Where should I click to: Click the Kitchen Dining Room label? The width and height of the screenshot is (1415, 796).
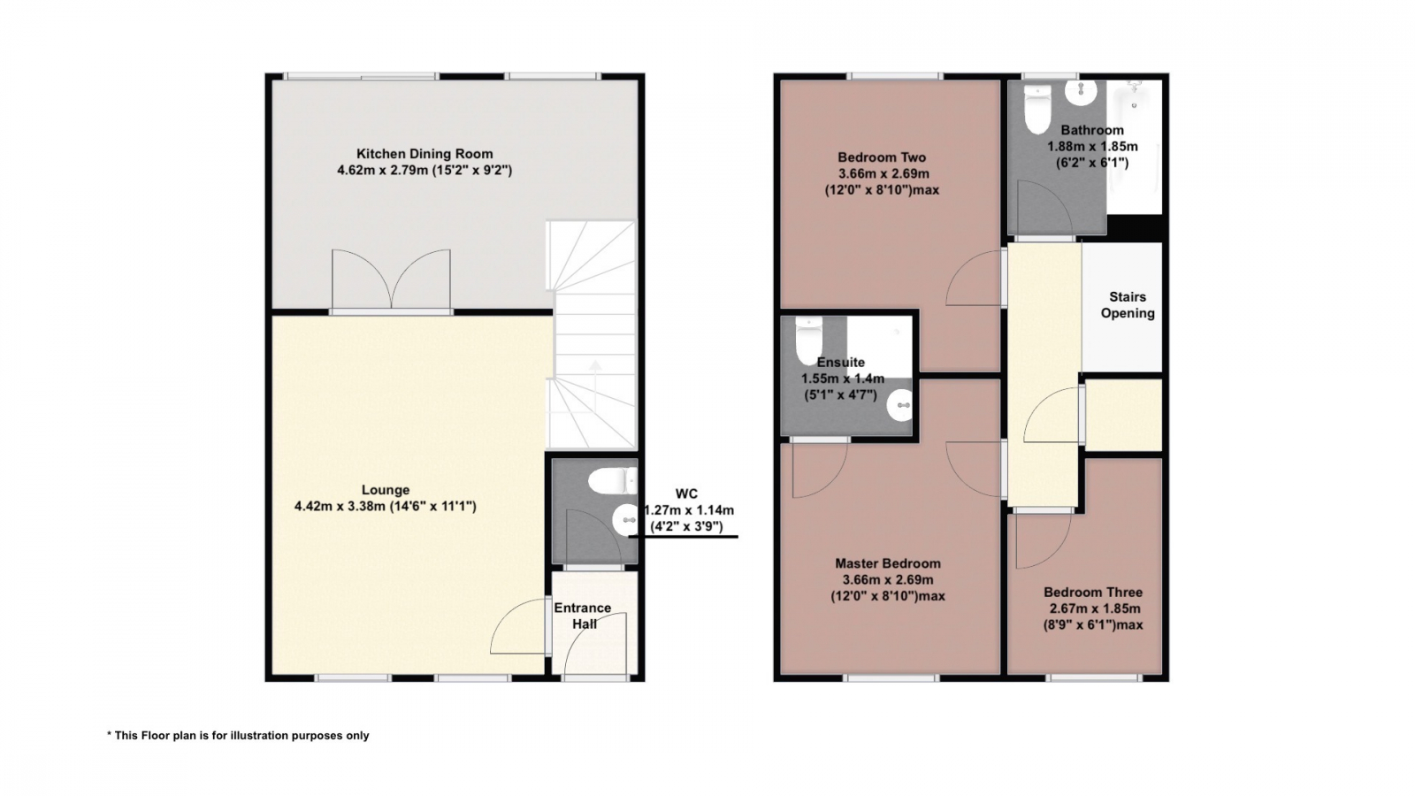coord(424,154)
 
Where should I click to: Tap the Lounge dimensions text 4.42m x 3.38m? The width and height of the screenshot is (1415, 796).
coord(340,506)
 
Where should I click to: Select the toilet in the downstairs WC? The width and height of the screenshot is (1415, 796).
coord(614,481)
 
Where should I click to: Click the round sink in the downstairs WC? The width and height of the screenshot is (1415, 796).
coord(625,520)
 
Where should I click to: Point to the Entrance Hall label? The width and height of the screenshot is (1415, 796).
coord(583,616)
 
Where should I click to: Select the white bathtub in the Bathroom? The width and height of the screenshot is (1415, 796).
coord(1135,147)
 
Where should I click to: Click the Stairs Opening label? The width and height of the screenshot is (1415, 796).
coord(1128,305)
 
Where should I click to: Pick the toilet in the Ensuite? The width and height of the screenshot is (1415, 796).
coord(808,341)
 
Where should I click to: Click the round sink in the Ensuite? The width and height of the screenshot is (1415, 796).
coord(899,405)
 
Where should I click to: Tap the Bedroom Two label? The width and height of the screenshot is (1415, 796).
coord(882,157)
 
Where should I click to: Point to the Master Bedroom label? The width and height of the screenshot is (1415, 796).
coord(888,563)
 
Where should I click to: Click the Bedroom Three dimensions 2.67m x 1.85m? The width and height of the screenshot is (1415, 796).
coord(1095,609)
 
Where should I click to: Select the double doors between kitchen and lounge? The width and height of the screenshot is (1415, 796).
coord(392,279)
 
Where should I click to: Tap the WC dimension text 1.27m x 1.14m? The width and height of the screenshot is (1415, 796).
coord(689,509)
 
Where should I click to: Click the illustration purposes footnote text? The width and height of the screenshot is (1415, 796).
coord(238,735)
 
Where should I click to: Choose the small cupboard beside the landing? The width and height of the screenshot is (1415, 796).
coord(1124,415)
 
